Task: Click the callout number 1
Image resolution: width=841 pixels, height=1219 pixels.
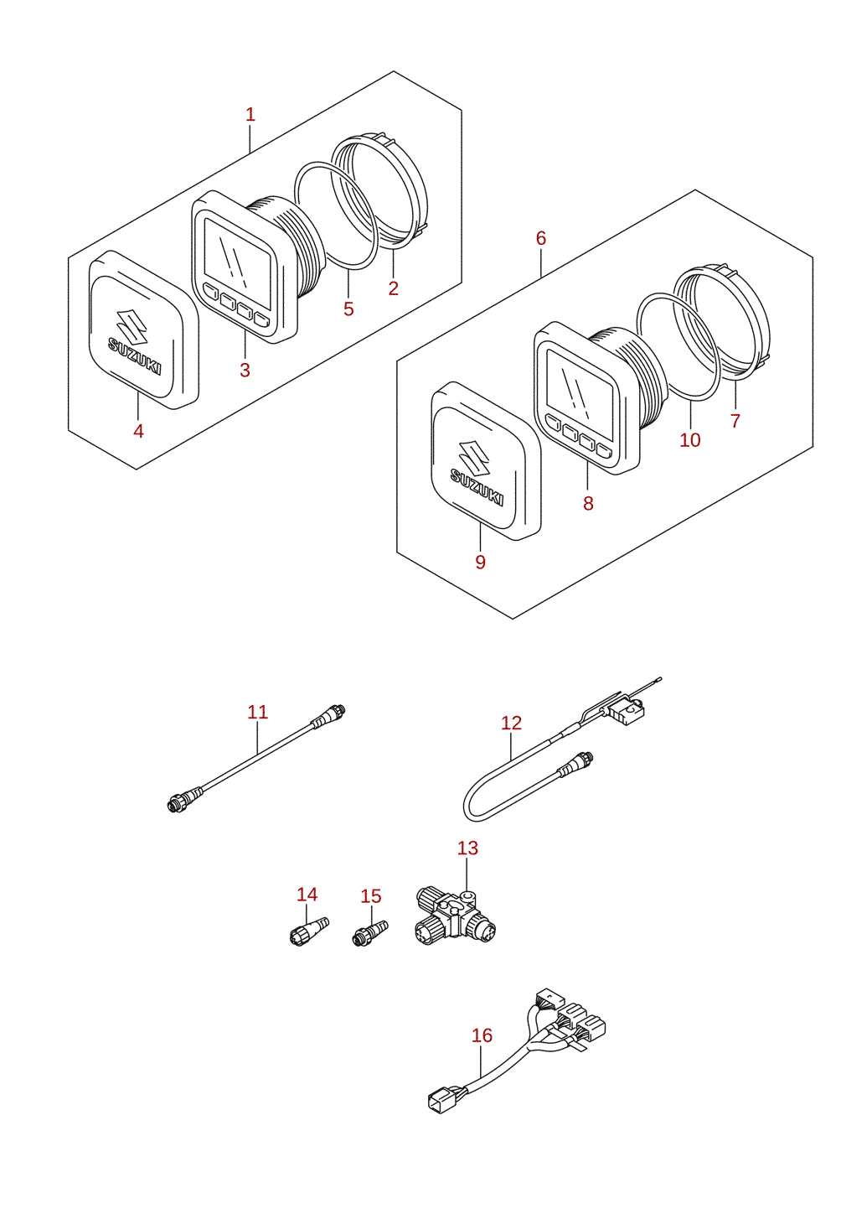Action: pos(250,115)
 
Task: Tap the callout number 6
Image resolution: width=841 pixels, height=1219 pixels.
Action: pos(540,238)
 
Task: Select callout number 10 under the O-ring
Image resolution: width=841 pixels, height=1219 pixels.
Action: pos(690,439)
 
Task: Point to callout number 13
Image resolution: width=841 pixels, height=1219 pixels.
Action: pos(467,848)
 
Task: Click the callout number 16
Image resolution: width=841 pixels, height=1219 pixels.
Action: pos(482,1035)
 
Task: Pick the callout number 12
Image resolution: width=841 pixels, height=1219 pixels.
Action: pos(511,723)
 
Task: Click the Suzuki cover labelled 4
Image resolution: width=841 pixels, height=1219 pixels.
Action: pos(144,329)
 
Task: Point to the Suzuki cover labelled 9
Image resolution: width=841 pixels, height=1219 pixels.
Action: pos(486,460)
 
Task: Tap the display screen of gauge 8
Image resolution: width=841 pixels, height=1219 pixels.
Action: pos(580,388)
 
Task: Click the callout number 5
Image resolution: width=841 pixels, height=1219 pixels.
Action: pos(348,309)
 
